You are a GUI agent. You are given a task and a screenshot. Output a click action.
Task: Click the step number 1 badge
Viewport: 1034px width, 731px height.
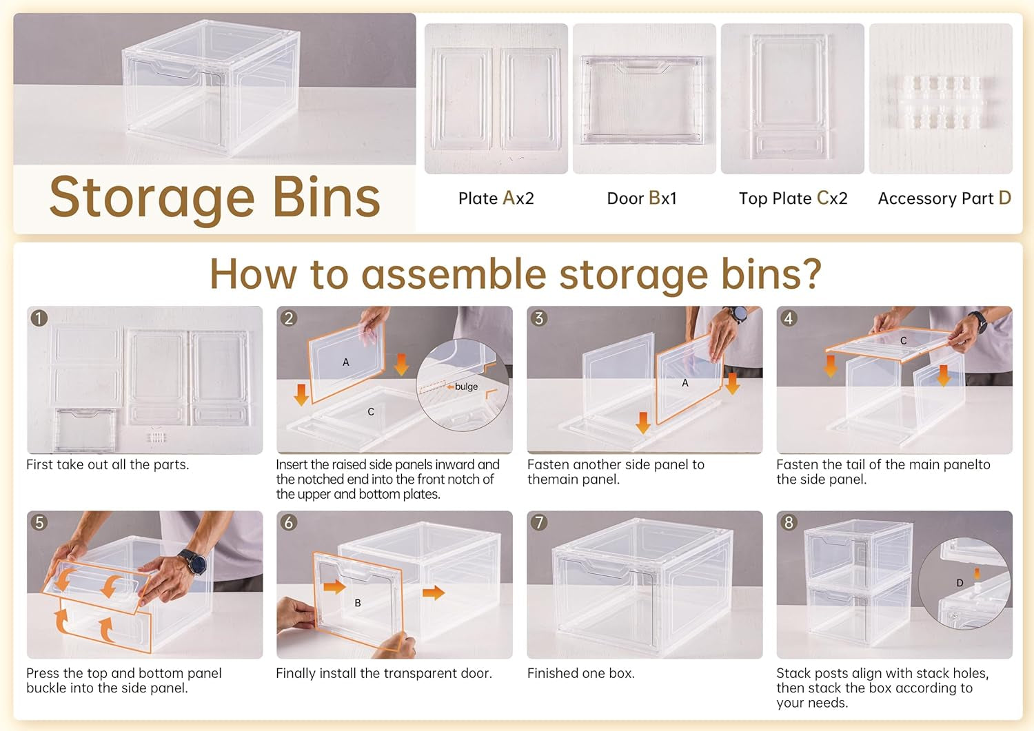coord(39,318)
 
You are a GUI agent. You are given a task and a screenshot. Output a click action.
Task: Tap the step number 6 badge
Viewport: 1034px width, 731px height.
coord(289,522)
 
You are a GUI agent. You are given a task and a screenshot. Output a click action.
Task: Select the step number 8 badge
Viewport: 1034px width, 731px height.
coord(789,522)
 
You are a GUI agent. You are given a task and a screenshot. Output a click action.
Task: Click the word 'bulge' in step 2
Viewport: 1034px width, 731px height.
coord(466,387)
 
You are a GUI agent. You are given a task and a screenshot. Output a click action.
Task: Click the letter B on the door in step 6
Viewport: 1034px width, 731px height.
coord(358,603)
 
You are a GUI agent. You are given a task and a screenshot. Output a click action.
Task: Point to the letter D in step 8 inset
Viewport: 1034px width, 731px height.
coord(960,583)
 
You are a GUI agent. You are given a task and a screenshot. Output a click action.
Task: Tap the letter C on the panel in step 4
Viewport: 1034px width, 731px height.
coord(903,340)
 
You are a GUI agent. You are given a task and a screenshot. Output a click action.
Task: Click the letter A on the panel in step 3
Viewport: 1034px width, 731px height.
coord(685,383)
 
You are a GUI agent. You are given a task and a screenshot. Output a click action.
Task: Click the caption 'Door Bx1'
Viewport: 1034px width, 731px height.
coord(642,198)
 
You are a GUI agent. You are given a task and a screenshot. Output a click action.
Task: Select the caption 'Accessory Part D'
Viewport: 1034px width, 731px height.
coord(944,198)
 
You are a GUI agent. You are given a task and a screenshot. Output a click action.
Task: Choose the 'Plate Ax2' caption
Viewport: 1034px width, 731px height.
coord(496,198)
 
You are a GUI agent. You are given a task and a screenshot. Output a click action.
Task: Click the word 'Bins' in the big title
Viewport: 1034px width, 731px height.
coord(326,198)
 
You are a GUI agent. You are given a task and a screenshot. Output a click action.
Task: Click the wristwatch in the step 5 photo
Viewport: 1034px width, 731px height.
coord(194,562)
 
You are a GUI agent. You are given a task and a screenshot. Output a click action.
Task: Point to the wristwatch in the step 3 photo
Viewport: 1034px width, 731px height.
coord(737,314)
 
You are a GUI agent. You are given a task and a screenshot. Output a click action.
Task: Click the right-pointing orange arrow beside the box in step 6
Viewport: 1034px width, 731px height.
coord(434,593)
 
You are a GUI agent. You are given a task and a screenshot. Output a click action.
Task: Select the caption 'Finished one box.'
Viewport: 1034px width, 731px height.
coord(580,673)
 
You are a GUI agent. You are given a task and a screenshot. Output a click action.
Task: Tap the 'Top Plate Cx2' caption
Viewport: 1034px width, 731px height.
coord(793,198)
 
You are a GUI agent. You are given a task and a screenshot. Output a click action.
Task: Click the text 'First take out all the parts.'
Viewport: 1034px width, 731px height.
coord(108,464)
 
